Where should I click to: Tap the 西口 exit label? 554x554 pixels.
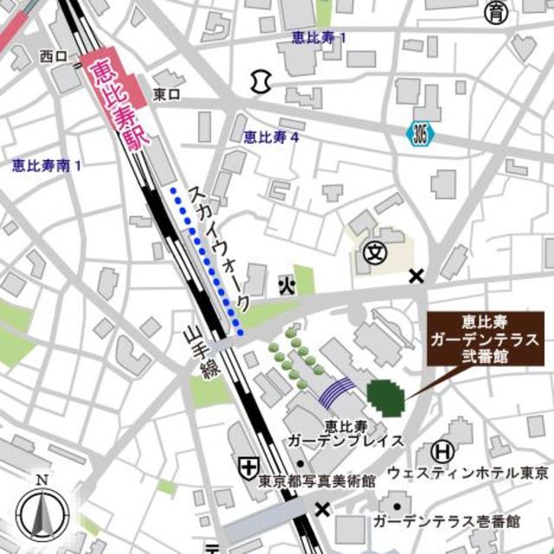[x=53, y=56]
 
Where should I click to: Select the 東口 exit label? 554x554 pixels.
[x=166, y=93]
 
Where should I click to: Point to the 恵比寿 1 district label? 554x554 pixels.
[x=320, y=38]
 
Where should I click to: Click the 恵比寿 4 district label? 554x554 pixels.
[x=271, y=136]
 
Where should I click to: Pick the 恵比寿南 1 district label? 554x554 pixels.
[x=47, y=164]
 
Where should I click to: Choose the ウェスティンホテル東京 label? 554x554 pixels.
[x=467, y=473]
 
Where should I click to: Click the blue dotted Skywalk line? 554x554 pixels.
[x=207, y=260]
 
